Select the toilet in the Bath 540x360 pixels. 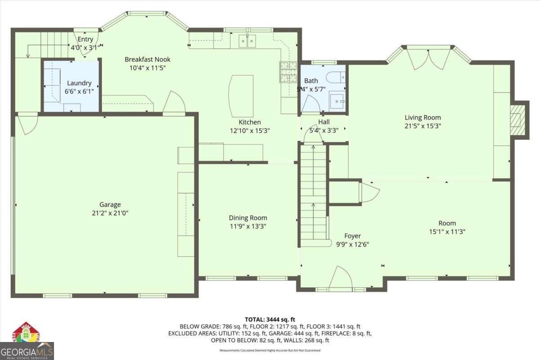[335, 76]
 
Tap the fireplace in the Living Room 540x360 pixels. [517, 118]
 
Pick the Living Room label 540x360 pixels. [423, 118]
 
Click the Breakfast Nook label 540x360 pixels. [148, 59]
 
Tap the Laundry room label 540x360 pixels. [79, 83]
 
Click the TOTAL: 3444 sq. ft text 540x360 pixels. [270, 319]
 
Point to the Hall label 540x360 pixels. [324, 122]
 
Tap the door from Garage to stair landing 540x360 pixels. [28, 124]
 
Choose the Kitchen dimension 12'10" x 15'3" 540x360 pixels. [250, 130]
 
